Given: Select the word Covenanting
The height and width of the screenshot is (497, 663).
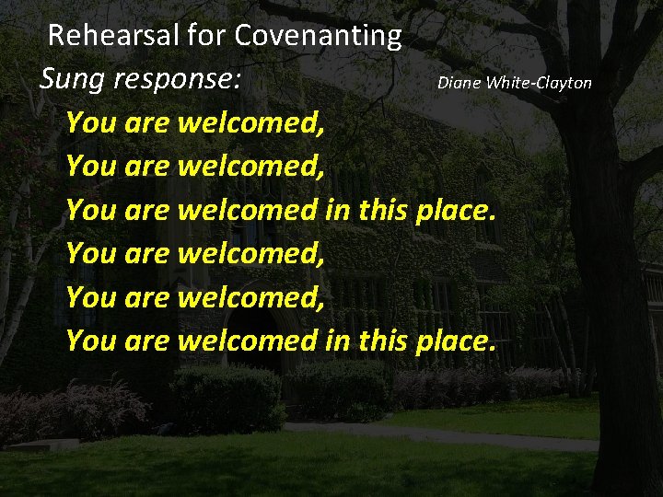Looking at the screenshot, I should [x=318, y=36].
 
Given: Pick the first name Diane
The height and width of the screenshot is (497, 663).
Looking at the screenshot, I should [x=459, y=83].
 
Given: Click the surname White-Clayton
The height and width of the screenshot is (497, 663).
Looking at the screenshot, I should [x=539, y=83].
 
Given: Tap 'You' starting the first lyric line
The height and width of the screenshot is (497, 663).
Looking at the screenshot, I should [x=89, y=122].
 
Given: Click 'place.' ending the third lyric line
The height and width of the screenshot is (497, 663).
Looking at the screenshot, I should [x=457, y=211].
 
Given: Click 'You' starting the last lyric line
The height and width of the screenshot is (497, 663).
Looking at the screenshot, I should [x=89, y=341].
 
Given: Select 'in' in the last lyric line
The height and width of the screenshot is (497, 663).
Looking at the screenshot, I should [x=337, y=341].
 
